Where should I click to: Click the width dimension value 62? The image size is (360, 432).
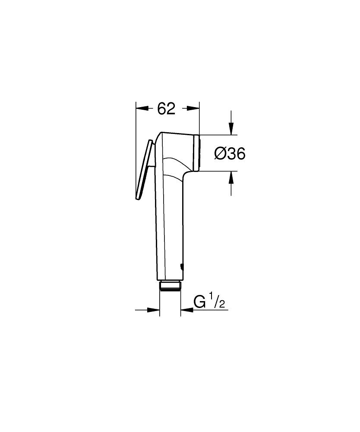[166, 109]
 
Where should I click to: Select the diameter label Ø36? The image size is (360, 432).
[230, 153]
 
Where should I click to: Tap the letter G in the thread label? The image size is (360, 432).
[199, 302]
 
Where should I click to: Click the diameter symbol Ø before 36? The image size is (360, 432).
[220, 153]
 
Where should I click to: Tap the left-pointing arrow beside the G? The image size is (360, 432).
[186, 309]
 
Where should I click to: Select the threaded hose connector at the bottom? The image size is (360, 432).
[170, 286]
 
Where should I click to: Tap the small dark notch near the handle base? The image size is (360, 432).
[181, 267]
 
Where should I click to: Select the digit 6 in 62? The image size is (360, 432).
[161, 109]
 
